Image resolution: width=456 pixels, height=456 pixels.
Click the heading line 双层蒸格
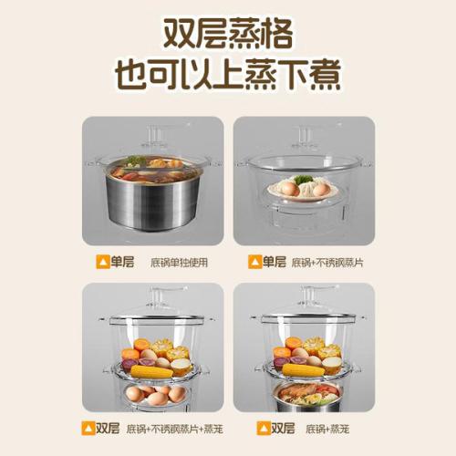[228, 34]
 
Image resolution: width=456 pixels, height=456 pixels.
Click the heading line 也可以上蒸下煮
[228, 74]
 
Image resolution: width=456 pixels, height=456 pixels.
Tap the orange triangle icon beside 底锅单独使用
[103, 262]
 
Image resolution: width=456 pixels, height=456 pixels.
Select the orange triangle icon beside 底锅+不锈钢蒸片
[255, 262]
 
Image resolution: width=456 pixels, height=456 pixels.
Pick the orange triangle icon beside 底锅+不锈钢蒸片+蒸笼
[88, 429]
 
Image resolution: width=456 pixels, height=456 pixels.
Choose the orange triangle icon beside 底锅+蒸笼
[264, 429]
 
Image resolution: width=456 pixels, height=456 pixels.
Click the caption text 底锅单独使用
[180, 263]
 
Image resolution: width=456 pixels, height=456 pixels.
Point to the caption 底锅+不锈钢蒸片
[327, 263]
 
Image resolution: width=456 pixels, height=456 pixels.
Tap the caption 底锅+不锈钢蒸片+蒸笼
[175, 429]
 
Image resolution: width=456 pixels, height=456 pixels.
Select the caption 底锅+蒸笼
[327, 429]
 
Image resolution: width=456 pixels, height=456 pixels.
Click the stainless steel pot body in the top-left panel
[153, 203]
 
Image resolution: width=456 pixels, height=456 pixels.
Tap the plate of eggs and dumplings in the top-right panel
[303, 189]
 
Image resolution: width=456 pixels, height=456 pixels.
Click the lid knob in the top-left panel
[154, 134]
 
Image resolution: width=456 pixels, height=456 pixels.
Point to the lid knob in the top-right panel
[305, 135]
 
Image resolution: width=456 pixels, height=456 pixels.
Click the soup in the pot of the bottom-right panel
[307, 393]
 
